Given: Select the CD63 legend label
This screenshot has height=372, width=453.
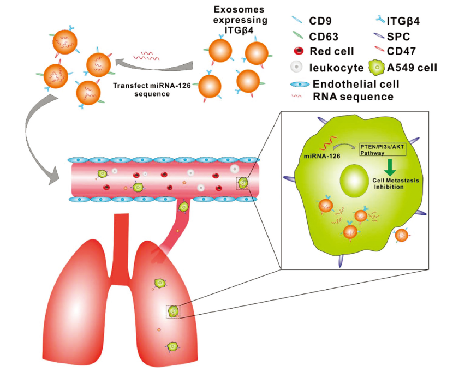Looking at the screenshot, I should (x=323, y=37).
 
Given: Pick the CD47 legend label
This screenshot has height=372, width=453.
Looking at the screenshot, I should (x=404, y=52).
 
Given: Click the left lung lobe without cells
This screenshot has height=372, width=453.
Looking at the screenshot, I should (x=82, y=305).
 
